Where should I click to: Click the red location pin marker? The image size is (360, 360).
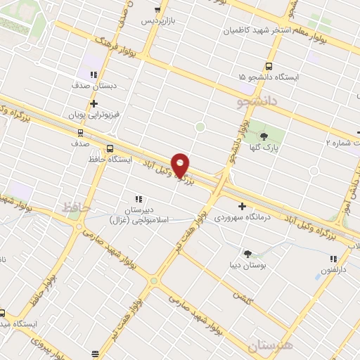pyautogui.click(x=181, y=165)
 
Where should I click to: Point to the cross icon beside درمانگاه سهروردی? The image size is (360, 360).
pyautogui.click(x=242, y=207)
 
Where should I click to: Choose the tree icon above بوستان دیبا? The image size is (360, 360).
pyautogui.click(x=247, y=253)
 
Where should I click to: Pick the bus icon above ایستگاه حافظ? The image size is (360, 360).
pyautogui.click(x=109, y=148)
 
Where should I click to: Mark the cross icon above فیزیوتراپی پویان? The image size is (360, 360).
pyautogui.click(x=94, y=103)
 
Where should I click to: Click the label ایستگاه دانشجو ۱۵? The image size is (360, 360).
pyautogui.click(x=268, y=76)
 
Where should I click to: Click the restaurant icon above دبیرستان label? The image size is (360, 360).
pyautogui.click(x=139, y=199)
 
